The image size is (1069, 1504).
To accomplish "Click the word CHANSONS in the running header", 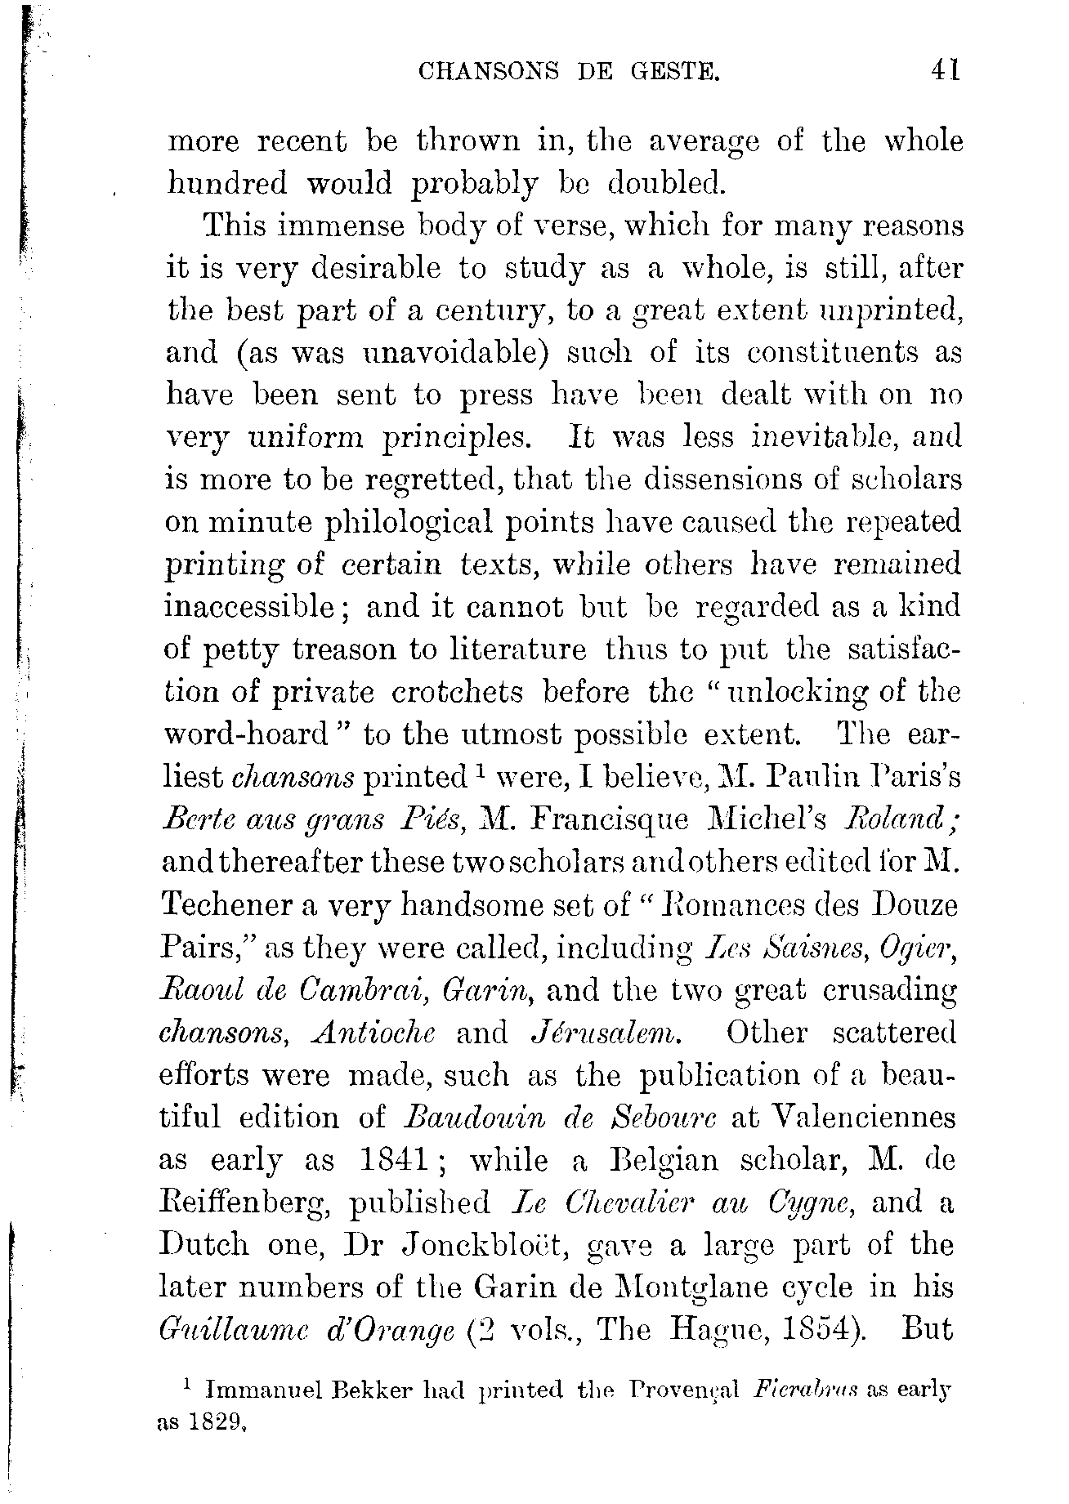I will (x=488, y=73).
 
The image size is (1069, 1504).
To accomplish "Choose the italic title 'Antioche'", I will (x=373, y=1033).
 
